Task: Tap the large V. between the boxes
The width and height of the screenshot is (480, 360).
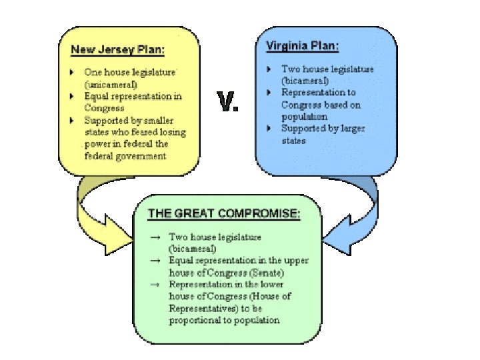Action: pos(229,103)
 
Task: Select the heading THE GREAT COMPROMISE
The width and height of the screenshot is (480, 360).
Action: pos(223,214)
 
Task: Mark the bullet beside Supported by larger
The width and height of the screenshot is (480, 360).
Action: pos(269,128)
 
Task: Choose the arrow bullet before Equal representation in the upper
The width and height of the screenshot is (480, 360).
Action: pos(155,260)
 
